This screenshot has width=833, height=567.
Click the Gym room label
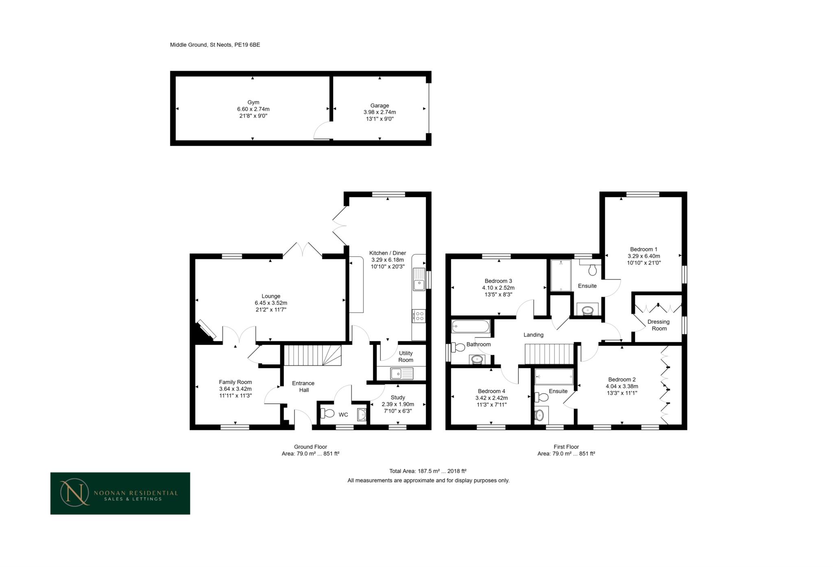tap(253, 102)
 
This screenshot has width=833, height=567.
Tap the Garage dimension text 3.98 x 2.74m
tap(379, 112)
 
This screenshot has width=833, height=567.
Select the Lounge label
tap(271, 296)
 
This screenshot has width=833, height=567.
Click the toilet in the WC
tap(327, 413)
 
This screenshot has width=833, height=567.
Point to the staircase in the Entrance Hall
tap(312, 355)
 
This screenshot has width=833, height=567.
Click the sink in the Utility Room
tap(401, 373)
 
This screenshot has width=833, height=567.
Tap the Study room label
tap(398, 397)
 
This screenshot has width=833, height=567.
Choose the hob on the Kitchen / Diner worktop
tap(419, 316)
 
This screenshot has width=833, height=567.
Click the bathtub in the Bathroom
tap(471, 327)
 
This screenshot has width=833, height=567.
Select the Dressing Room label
tap(659, 325)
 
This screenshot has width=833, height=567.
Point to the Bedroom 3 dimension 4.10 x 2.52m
tap(498, 288)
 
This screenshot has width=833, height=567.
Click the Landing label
tap(533, 335)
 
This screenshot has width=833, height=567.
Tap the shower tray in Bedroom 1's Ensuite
tap(561, 275)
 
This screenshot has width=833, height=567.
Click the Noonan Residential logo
tap(120, 493)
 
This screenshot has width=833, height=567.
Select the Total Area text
tap(428, 471)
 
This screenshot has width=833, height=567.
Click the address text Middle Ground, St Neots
tap(201, 45)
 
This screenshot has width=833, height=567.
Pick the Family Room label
tap(236, 382)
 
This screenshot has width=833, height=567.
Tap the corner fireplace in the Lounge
tap(205, 330)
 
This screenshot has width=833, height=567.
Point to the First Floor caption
tap(566, 447)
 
